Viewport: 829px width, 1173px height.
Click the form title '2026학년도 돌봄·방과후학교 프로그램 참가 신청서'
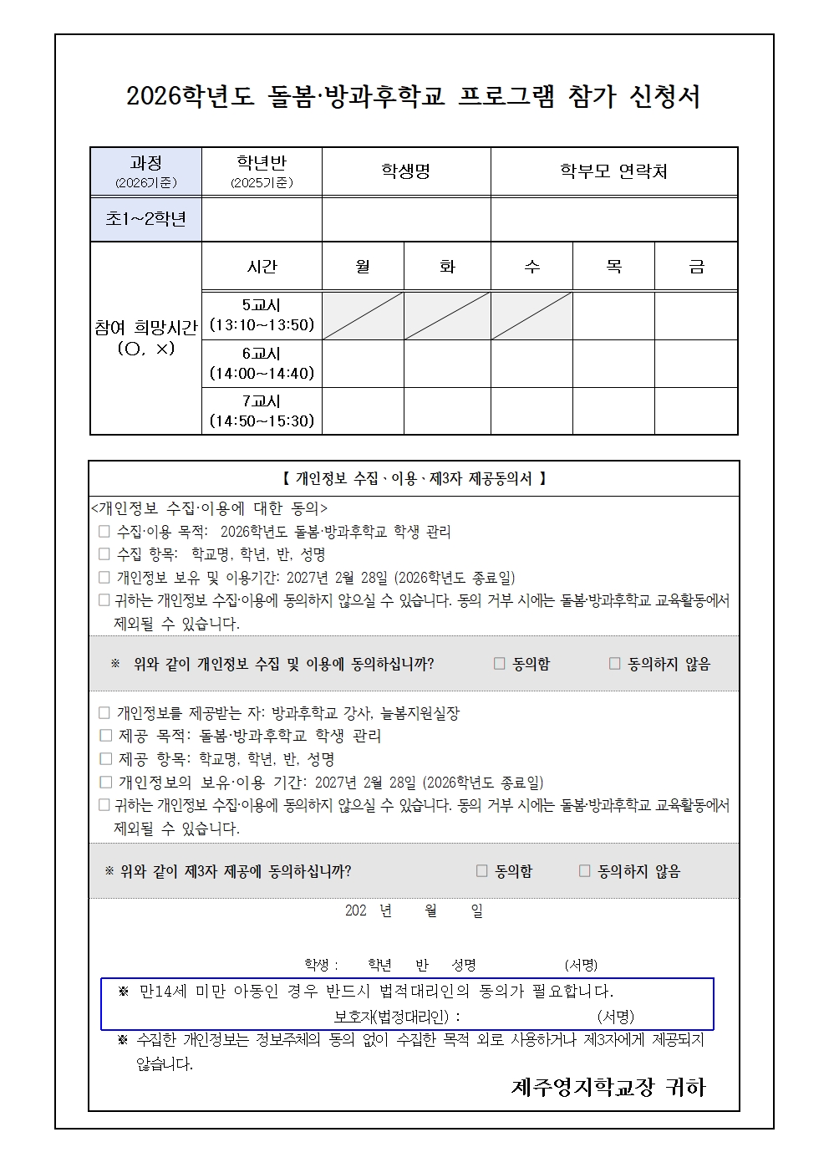click(x=414, y=97)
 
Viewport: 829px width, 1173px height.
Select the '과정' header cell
click(x=145, y=171)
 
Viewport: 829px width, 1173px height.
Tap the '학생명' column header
click(x=405, y=171)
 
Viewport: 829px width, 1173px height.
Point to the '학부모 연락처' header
click(x=613, y=171)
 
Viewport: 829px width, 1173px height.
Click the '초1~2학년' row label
click(x=145, y=219)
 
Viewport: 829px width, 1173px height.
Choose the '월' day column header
click(x=363, y=267)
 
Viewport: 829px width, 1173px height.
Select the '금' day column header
click(x=695, y=267)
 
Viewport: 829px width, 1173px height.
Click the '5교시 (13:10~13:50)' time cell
click(x=262, y=315)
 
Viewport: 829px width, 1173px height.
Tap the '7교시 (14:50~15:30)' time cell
click(x=262, y=411)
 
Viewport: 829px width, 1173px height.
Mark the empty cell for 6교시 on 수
click(x=531, y=364)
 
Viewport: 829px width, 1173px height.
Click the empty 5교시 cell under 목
click(x=613, y=315)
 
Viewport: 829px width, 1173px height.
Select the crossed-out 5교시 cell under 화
click(x=447, y=315)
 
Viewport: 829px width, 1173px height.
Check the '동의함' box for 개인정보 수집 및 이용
click(x=500, y=664)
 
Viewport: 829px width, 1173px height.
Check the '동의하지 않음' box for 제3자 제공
click(x=585, y=871)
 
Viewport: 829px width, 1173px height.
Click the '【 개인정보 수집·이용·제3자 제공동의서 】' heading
click(x=414, y=479)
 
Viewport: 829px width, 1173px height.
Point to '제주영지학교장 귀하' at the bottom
click(x=608, y=1087)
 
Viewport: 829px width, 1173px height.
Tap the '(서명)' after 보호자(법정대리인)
click(x=615, y=1017)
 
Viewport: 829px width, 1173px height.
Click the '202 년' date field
click(x=368, y=911)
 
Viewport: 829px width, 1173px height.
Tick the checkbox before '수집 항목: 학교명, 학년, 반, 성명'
click(x=104, y=554)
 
